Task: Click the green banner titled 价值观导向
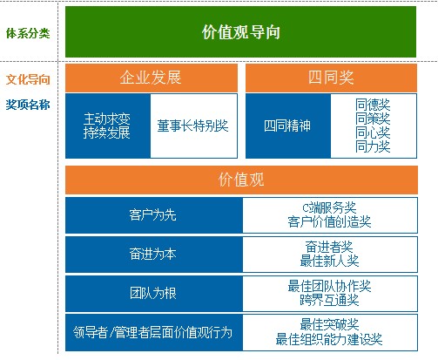coord(240,31)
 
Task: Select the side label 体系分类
coord(28,33)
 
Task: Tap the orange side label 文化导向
coord(28,79)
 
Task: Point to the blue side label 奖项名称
coord(28,105)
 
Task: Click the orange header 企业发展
coord(152,78)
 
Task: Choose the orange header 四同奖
coord(331,78)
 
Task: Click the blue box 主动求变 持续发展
coord(108,126)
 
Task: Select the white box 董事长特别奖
coord(193,126)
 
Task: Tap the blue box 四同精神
coord(288,126)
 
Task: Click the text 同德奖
coord(373,105)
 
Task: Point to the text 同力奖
coord(373,146)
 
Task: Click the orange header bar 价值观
coord(241,180)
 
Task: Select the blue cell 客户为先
coord(154,215)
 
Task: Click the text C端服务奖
coord(329,207)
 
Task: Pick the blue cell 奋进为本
coord(154,255)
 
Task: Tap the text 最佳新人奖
coord(329,261)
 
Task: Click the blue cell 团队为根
coord(154,293)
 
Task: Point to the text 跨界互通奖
coord(329,300)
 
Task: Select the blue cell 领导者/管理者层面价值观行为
coord(154,332)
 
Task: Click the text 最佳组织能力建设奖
coord(329,339)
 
